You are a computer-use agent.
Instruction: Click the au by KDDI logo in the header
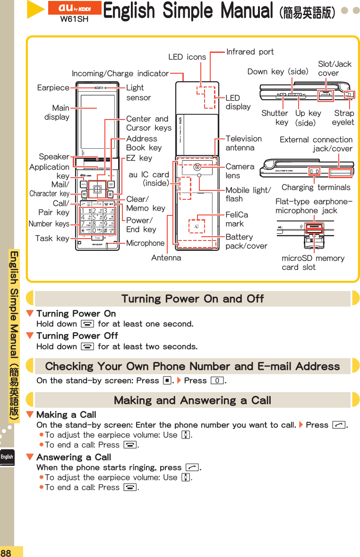pos(75,8)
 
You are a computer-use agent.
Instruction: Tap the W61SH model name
pos(75,19)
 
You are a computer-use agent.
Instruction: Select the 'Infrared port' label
pos(250,51)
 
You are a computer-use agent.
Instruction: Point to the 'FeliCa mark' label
pos(237,219)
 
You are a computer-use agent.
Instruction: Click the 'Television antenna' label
pos(243,143)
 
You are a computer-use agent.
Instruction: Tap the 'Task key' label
pos(52,239)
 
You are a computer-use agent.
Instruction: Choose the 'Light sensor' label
pos(138,93)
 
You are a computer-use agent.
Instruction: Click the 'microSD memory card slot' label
pos(313,263)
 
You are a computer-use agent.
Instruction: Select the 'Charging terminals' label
pos(316,187)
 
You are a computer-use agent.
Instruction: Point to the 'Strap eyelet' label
pos(343,118)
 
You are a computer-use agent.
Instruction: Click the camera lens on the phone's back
pos(197,167)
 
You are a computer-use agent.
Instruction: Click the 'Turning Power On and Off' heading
pos(192,299)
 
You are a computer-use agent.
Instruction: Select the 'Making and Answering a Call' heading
pos(192,400)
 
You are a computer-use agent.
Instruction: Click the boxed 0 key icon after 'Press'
pos(217,381)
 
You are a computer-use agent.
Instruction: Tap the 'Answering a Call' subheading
pos(73,457)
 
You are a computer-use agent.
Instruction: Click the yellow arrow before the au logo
pos(35,10)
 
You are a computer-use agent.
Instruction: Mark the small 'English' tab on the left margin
pos(7,457)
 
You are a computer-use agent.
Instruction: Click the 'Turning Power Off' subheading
pos(77,335)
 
